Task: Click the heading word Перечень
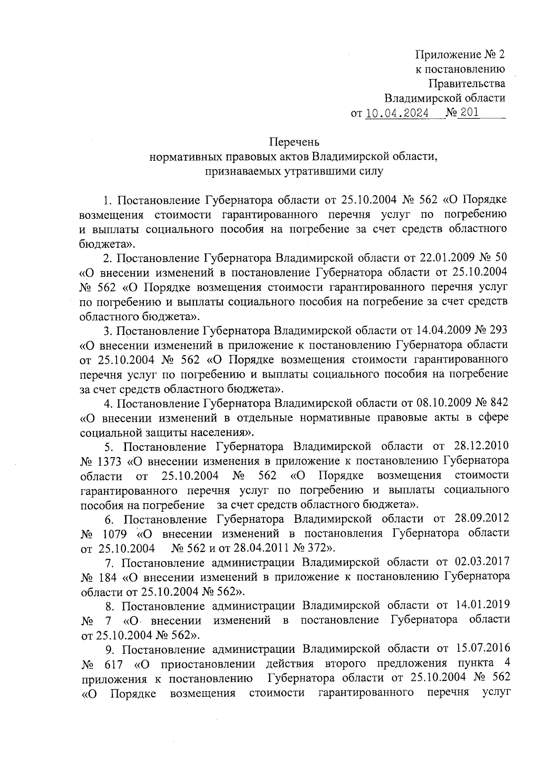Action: coord(294,142)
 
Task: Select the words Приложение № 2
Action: coord(461,54)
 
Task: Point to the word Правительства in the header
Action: coord(467,83)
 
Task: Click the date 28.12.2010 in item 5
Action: coord(482,446)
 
